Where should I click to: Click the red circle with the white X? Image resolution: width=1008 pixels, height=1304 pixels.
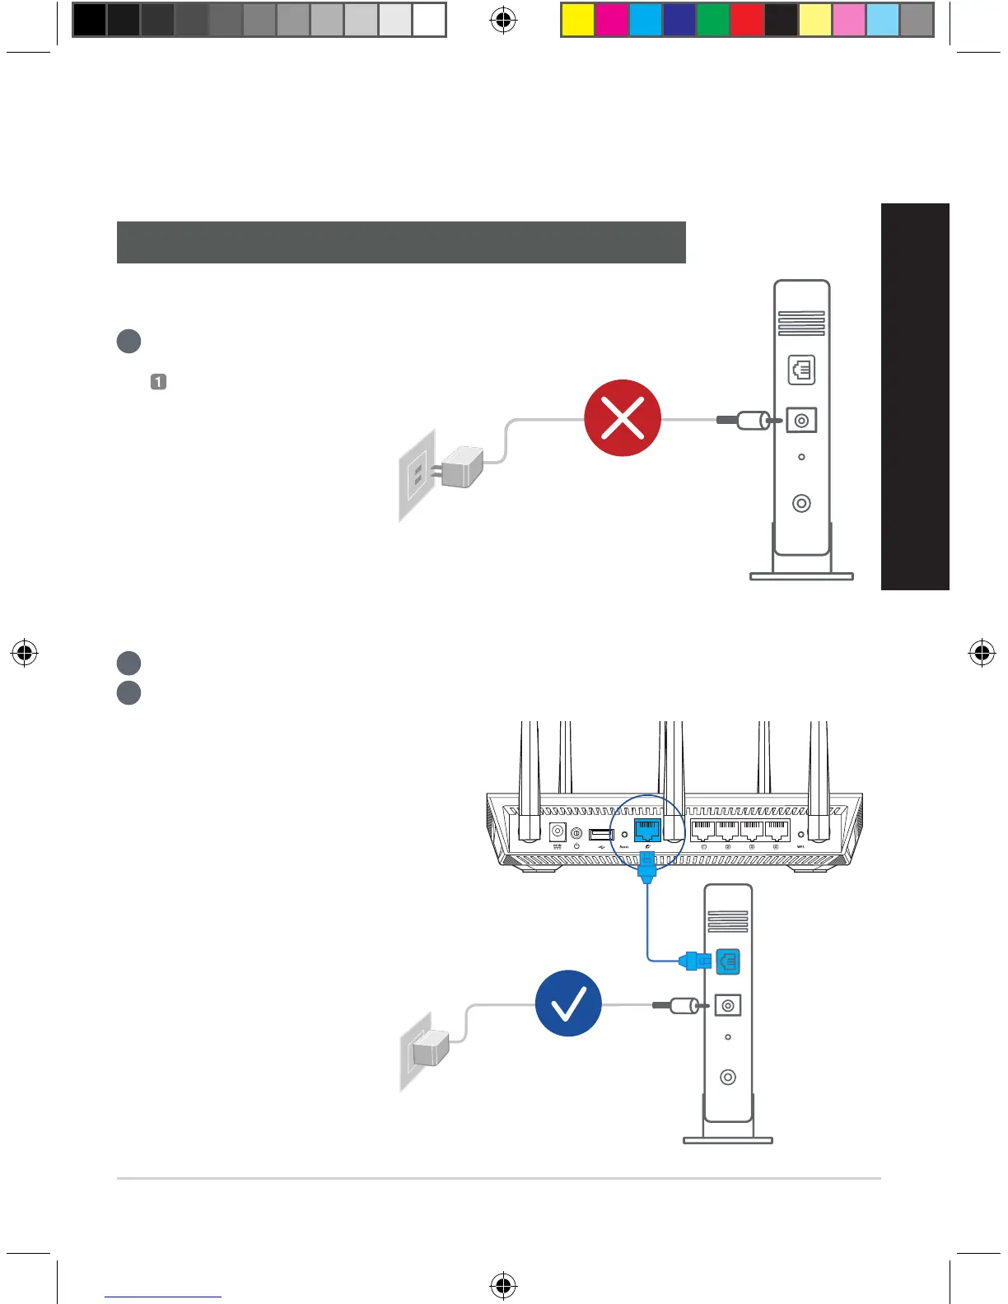tap(623, 418)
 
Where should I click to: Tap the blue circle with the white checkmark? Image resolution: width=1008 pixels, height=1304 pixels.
tap(568, 1003)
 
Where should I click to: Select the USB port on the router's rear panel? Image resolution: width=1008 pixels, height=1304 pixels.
tap(601, 834)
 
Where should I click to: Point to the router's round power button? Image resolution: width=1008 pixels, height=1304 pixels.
tap(576, 834)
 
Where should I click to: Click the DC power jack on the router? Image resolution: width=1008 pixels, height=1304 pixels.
tap(558, 831)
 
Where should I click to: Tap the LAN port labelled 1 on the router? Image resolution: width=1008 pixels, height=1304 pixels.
tap(703, 830)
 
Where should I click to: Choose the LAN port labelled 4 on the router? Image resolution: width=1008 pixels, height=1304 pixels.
tap(777, 830)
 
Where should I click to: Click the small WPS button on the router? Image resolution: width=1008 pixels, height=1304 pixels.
tap(800, 835)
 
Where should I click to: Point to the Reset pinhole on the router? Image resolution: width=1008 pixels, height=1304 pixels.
tap(624, 835)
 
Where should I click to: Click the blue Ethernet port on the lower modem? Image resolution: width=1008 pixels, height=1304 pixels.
tap(728, 961)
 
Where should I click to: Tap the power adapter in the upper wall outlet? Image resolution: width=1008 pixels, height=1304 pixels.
tap(461, 468)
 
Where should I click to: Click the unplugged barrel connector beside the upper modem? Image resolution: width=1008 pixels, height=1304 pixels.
tap(751, 421)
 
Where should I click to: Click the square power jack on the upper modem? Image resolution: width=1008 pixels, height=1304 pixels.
tap(801, 421)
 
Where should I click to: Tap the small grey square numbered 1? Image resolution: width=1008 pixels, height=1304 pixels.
tap(158, 382)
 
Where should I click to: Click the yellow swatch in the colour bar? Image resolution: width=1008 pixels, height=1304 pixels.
tap(578, 20)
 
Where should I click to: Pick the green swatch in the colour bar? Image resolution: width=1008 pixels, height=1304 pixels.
tap(713, 20)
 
